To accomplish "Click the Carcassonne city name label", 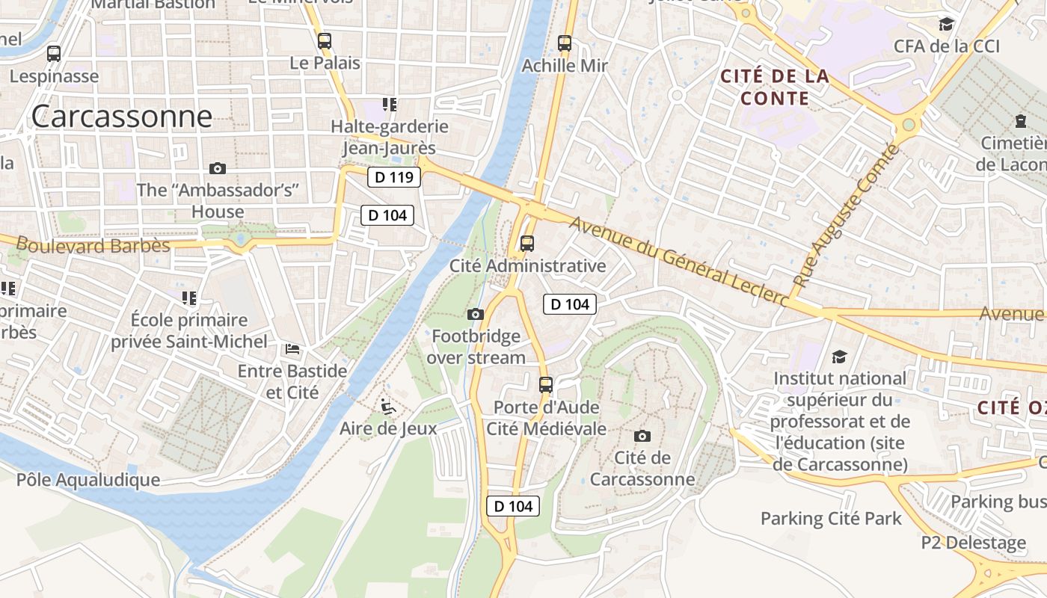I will [x=122, y=117].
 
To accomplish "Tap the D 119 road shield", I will [x=394, y=178].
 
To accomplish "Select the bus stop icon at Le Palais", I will [x=325, y=41].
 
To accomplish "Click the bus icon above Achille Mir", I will [x=565, y=43].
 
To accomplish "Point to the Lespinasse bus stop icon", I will [x=54, y=54].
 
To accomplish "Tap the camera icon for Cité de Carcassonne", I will [x=642, y=436].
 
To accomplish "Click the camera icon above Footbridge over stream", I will [x=476, y=315].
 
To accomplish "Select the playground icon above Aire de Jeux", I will [x=388, y=407].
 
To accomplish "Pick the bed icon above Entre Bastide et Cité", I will [x=292, y=349].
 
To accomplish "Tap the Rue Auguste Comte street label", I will [x=845, y=216].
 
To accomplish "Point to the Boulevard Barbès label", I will [x=93, y=245].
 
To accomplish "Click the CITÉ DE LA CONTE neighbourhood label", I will [x=775, y=87].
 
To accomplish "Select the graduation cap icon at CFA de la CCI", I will [x=947, y=25].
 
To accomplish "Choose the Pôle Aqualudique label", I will [x=88, y=480].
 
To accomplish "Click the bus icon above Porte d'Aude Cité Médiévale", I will [x=546, y=385].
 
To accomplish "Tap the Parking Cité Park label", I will [x=831, y=518].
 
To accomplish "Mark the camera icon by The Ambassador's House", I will [x=218, y=169].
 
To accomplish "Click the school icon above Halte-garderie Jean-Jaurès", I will [x=389, y=105].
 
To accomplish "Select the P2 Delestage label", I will [x=974, y=543].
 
